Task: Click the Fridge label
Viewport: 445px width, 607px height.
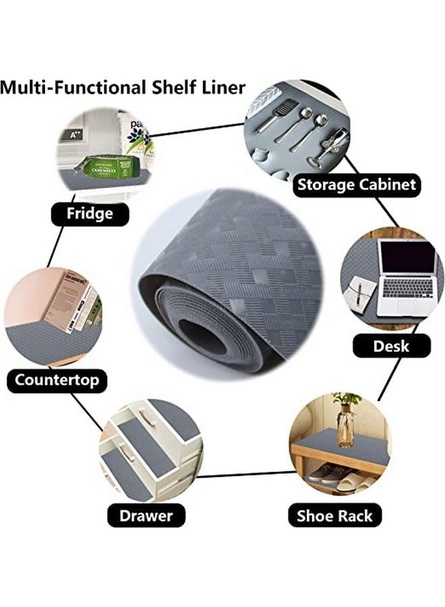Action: [90, 214]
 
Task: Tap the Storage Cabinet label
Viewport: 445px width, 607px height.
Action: [357, 185]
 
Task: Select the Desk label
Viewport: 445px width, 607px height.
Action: [391, 346]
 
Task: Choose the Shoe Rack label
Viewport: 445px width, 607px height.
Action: [334, 515]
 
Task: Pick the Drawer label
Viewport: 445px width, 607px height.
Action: [146, 515]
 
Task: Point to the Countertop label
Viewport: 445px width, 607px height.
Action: [57, 380]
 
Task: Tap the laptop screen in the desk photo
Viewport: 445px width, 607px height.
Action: [407, 257]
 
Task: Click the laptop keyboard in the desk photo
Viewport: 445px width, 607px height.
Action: [407, 288]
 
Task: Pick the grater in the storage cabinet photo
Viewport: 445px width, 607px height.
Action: [280, 113]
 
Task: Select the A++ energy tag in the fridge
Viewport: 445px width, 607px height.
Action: [75, 135]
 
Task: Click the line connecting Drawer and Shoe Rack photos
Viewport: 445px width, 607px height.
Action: [247, 474]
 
